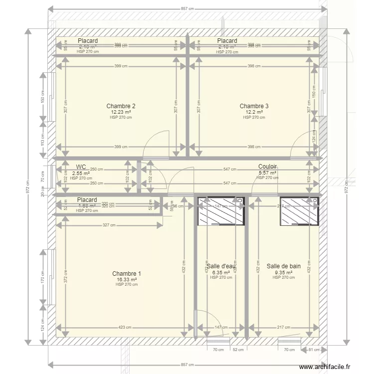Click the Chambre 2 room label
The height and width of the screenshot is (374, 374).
[x=121, y=106]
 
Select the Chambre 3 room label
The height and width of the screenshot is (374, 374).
[x=254, y=106]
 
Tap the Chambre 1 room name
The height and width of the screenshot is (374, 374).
[x=126, y=274]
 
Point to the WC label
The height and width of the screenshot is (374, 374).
[x=81, y=167]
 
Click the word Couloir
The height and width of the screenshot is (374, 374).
[x=267, y=167]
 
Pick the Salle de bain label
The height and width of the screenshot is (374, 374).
[x=283, y=266]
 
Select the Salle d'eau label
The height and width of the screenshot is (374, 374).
[x=220, y=266]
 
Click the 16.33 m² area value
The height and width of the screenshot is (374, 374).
[x=126, y=280]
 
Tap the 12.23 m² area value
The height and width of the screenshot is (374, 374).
[x=121, y=112]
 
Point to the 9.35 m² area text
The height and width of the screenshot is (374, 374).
[x=283, y=272]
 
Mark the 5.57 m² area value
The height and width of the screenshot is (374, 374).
[x=267, y=173]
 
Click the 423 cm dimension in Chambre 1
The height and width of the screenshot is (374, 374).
[x=125, y=328]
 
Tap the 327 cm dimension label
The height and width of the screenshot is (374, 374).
[x=109, y=225]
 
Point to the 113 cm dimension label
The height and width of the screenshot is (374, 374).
[x=43, y=138]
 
